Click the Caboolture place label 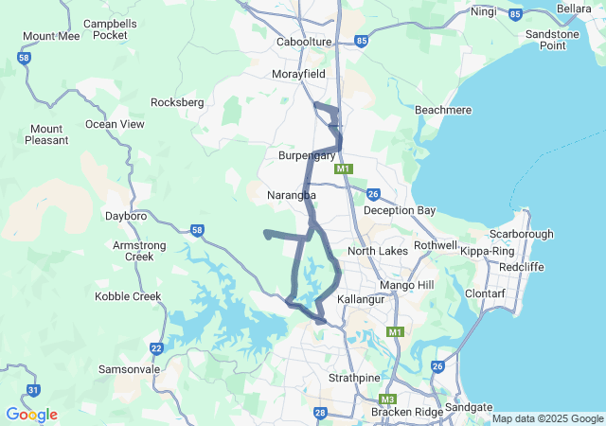point(304,43)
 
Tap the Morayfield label point(298,74)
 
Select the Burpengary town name point(307,154)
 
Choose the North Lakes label point(377,251)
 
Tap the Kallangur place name point(365,298)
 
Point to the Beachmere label point(443,111)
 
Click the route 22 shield point(156,348)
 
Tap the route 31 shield point(33,389)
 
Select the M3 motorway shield point(386,399)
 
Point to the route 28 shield point(320,413)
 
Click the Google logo point(31,415)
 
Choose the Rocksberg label point(177,102)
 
